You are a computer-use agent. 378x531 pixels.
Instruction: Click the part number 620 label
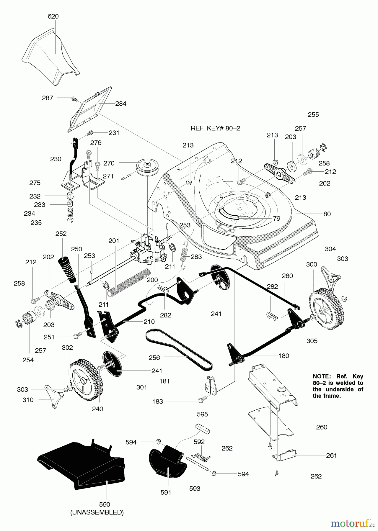click(53, 17)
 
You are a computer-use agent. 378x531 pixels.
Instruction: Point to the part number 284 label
click(121, 104)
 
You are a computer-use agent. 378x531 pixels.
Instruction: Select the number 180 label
click(284, 356)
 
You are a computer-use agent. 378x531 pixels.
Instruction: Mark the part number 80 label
click(327, 214)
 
